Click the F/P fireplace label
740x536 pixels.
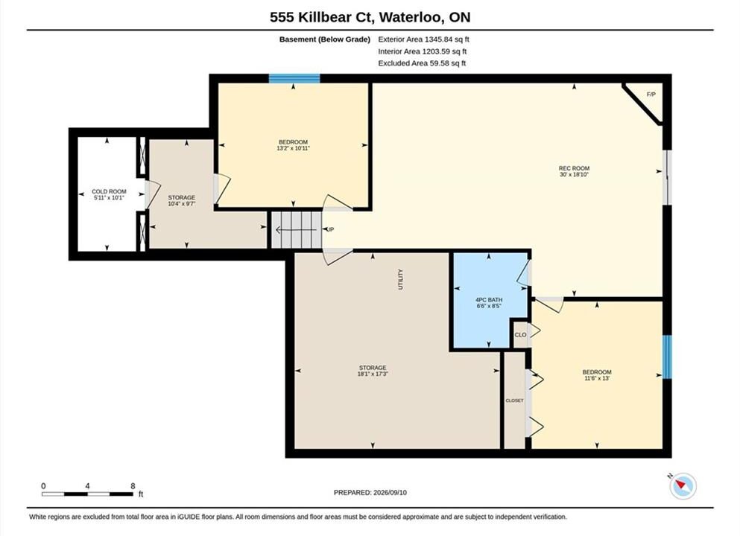[651, 95]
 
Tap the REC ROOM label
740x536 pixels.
[574, 168]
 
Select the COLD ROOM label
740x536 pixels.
[109, 191]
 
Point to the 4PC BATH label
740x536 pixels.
[488, 300]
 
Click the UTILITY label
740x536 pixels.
[401, 279]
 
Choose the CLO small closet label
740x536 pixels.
[520, 335]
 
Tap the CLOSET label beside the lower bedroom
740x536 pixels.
[514, 401]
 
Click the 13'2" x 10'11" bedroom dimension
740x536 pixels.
[293, 148]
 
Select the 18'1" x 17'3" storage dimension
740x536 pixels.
[373, 374]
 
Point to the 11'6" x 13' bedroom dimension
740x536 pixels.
[596, 378]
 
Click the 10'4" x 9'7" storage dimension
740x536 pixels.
[182, 204]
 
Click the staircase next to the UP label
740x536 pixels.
[296, 229]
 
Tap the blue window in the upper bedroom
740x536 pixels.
[294, 78]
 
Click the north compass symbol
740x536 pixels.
[683, 485]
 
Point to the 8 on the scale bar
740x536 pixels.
[133, 486]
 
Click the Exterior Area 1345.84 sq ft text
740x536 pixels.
[424, 39]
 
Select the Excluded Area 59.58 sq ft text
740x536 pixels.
[422, 63]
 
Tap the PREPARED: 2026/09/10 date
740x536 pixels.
[370, 493]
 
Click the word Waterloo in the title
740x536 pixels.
[411, 17]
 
